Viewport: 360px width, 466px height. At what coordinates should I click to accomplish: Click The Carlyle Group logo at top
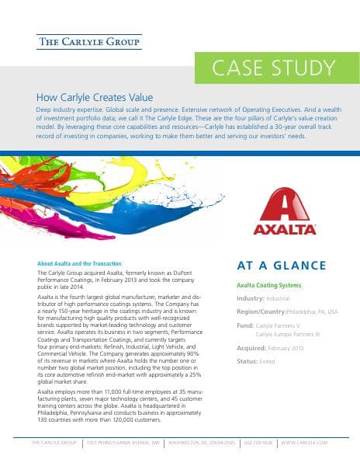(89, 41)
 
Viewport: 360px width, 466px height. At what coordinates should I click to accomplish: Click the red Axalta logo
(286, 211)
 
